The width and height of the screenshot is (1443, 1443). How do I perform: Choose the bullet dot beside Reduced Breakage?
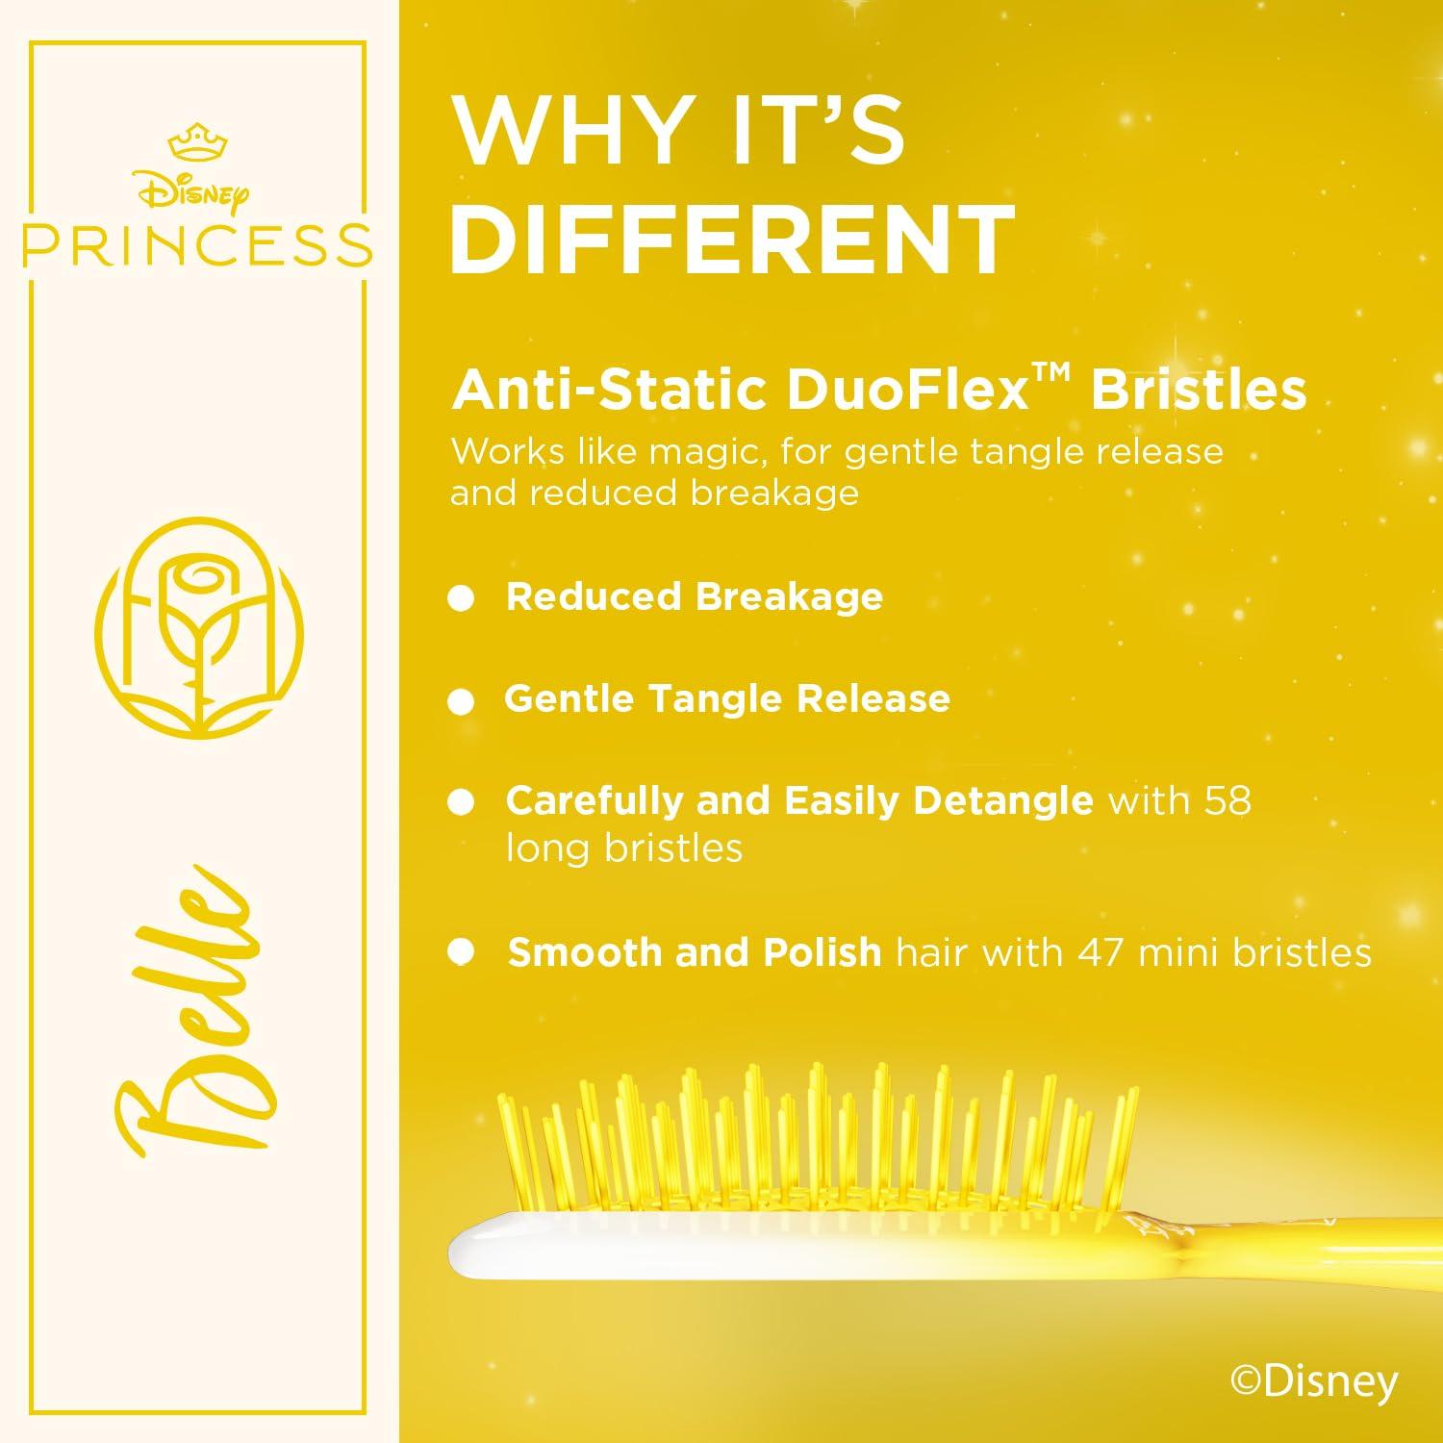[x=462, y=599]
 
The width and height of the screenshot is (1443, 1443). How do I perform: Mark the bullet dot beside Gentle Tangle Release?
[x=462, y=702]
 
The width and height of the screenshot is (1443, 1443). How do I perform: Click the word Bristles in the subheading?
[x=1199, y=390]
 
